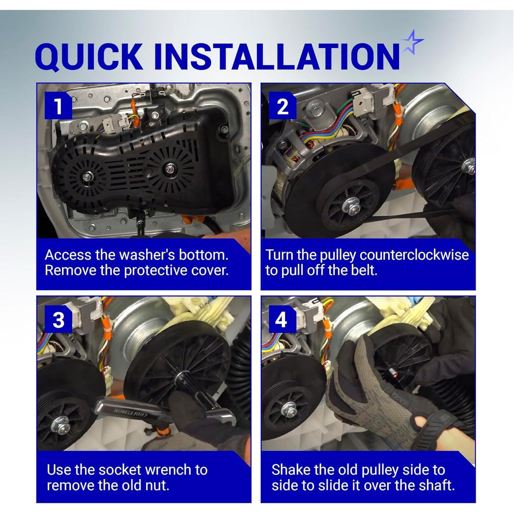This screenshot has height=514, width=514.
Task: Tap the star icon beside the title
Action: [x=412, y=42]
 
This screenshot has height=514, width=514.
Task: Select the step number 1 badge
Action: [x=58, y=106]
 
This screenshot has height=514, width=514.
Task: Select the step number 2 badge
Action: [x=282, y=106]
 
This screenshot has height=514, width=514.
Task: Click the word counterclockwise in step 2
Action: [x=414, y=255]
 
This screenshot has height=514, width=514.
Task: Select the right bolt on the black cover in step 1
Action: [x=169, y=169]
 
